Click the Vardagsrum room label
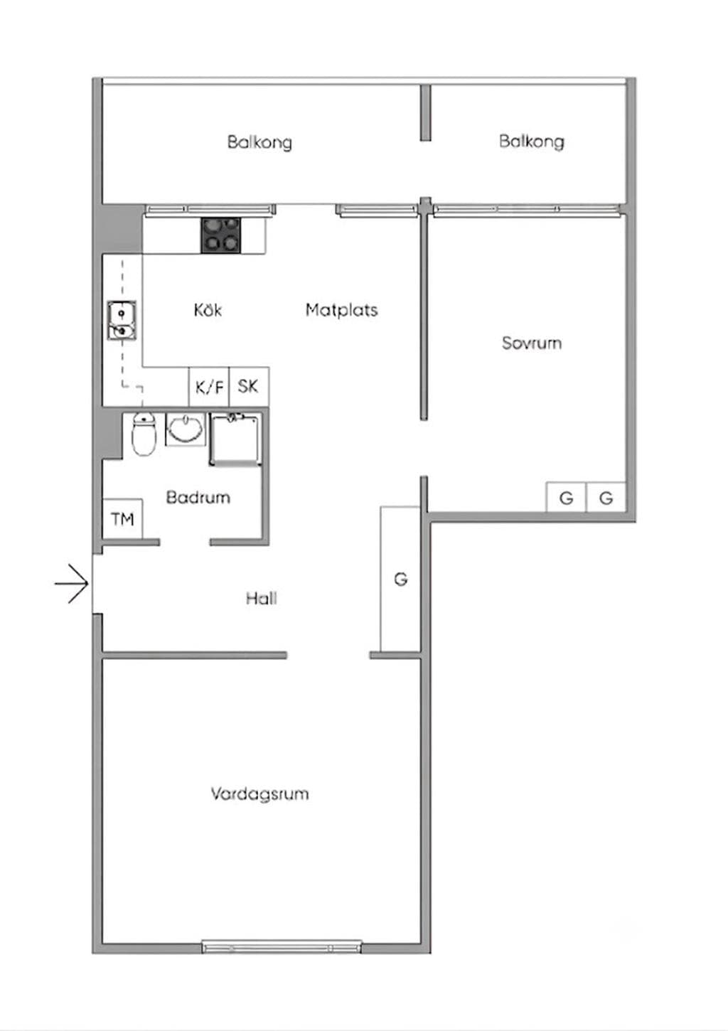259,795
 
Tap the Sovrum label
532,343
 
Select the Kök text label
208,310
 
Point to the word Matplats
341,310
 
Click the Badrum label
198,497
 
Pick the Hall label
262,599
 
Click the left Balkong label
259,141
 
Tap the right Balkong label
532,141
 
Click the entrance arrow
71,584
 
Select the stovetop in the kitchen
220,235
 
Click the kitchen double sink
122,321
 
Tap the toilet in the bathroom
144,434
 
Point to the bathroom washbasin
185,429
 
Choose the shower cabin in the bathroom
236,439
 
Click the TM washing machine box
122,519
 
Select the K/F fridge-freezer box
210,387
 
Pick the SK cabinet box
249,387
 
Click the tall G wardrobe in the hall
400,579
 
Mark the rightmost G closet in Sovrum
606,497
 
